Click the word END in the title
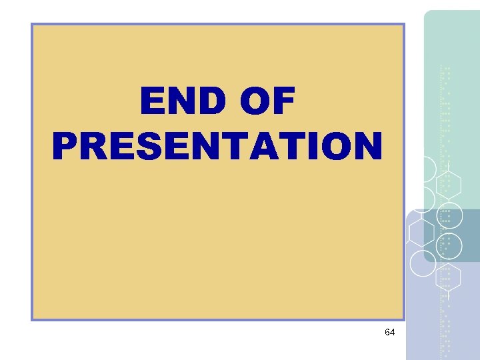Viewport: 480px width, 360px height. (x=177, y=103)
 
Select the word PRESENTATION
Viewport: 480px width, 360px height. (x=217, y=145)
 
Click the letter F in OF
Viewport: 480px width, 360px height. (x=285, y=103)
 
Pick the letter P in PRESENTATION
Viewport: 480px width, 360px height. (x=65, y=145)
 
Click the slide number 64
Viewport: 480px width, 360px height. (x=390, y=331)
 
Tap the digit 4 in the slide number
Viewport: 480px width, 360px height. (x=393, y=331)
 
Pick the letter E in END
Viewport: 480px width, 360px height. (x=151, y=103)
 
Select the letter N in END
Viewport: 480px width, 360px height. (x=178, y=103)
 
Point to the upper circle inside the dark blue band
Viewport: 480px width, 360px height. (x=451, y=215)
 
